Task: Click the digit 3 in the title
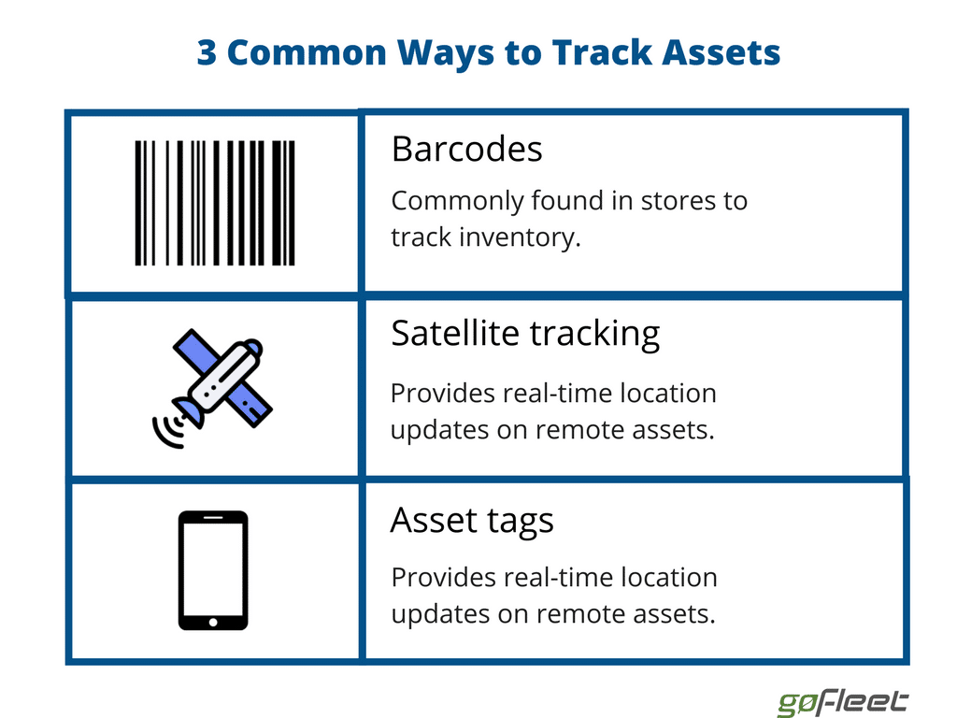click(x=207, y=52)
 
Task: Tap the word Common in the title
click(x=307, y=52)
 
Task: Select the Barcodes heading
click(x=467, y=149)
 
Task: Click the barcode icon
click(x=215, y=203)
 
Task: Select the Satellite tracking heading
click(x=525, y=334)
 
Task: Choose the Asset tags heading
click(x=472, y=521)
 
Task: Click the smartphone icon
click(x=213, y=570)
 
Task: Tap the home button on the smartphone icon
click(x=213, y=622)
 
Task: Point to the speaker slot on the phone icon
click(x=213, y=518)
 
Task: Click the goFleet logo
click(x=843, y=702)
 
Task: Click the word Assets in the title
click(x=721, y=52)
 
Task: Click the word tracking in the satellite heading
click(x=594, y=335)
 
